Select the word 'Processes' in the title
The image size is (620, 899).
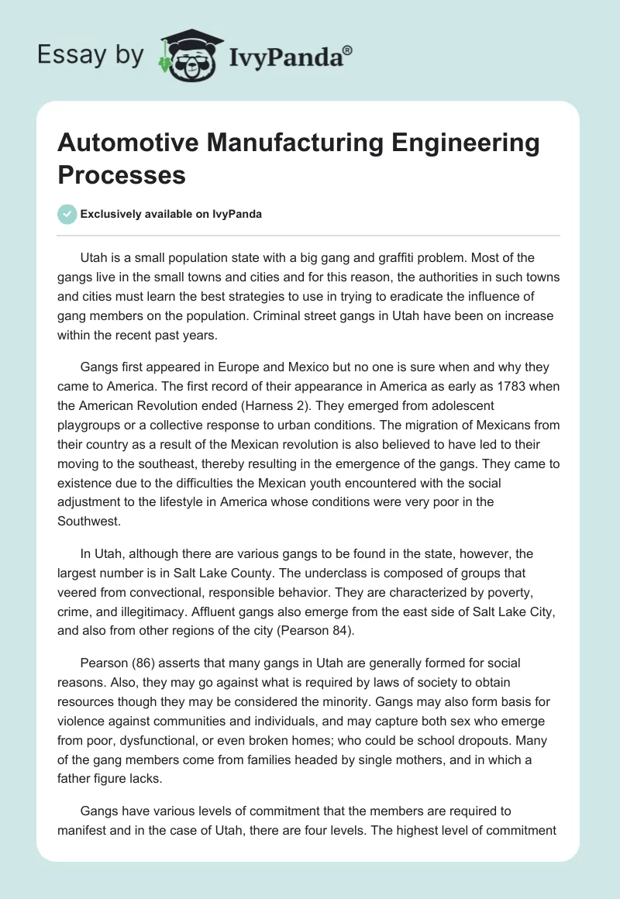tap(122, 174)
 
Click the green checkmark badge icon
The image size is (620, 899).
tap(68, 215)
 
